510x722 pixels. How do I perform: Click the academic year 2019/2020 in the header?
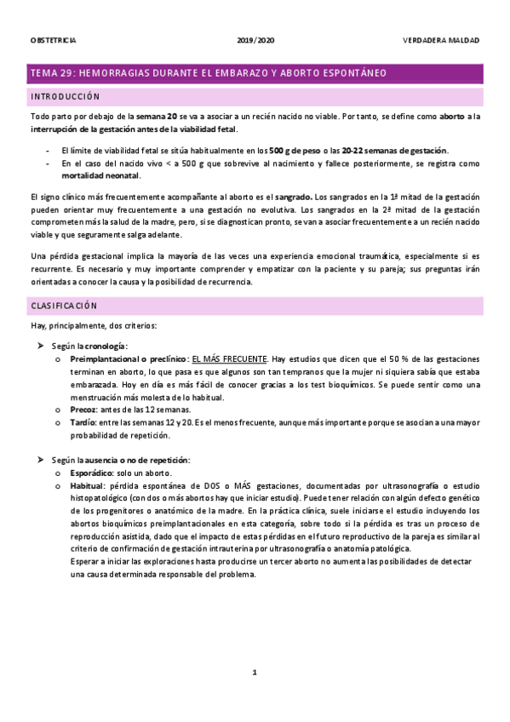pyautogui.click(x=255, y=40)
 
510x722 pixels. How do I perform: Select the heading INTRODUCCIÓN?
pyautogui.click(x=65, y=97)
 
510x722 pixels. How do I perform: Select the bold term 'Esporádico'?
pyautogui.click(x=95, y=473)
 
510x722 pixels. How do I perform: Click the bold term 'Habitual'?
pyautogui.click(x=89, y=486)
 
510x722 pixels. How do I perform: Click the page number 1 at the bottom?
pyautogui.click(x=254, y=673)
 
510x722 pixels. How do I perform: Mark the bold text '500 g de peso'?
pyautogui.click(x=294, y=150)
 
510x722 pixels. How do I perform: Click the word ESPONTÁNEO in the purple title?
pyautogui.click(x=350, y=73)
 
